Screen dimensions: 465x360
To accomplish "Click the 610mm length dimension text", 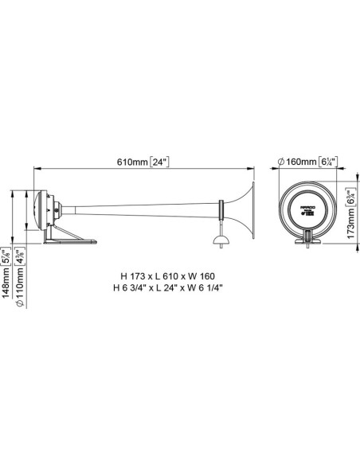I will pyautogui.click(x=131, y=162).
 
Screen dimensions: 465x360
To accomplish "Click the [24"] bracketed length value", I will pyautogui.click(x=160, y=162).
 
